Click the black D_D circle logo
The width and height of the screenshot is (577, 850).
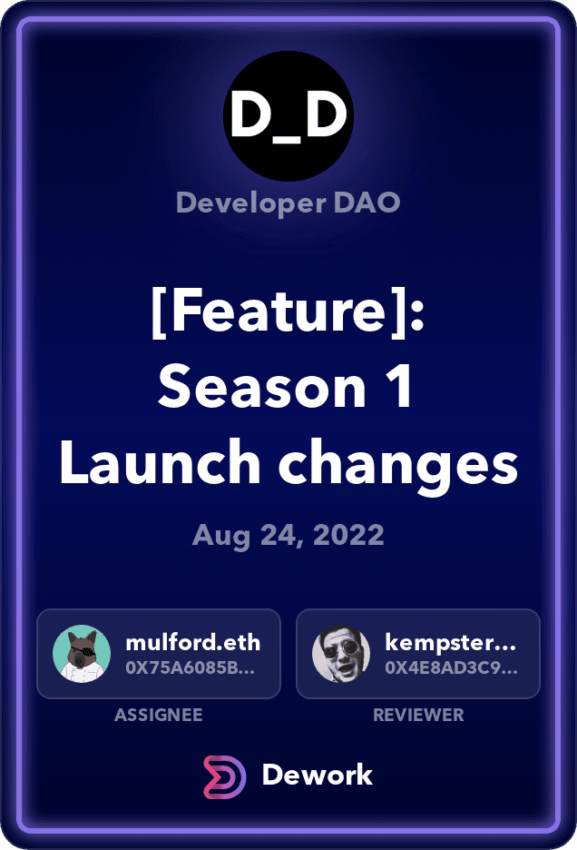pyautogui.click(x=288, y=116)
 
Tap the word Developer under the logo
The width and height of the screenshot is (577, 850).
pyautogui.click(x=251, y=203)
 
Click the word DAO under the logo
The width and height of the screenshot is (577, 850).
pyautogui.click(x=367, y=203)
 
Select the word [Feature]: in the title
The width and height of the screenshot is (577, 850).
pyautogui.click(x=288, y=311)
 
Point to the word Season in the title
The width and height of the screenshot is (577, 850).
pyautogui.click(x=262, y=386)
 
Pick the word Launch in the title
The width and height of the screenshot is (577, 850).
pyautogui.click(x=161, y=461)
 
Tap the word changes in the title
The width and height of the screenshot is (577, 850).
pyautogui.click(x=398, y=465)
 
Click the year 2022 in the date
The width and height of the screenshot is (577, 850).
pyautogui.click(x=348, y=535)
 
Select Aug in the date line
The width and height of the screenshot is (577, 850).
pyautogui.click(x=221, y=536)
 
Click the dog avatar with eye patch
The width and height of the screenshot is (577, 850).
pyautogui.click(x=82, y=654)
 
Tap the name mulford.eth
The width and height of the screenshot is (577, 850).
pyautogui.click(x=193, y=642)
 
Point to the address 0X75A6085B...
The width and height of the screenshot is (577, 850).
pyautogui.click(x=191, y=667)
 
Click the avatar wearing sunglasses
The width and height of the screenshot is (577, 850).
pyautogui.click(x=341, y=654)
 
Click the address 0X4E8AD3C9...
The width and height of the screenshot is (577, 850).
pyautogui.click(x=451, y=667)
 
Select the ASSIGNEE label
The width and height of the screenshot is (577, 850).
pyautogui.click(x=159, y=715)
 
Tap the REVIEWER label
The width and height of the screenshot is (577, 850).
pyautogui.click(x=419, y=715)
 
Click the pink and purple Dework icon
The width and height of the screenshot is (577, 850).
pyautogui.click(x=224, y=776)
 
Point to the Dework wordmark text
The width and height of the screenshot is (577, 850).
pyautogui.click(x=318, y=775)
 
